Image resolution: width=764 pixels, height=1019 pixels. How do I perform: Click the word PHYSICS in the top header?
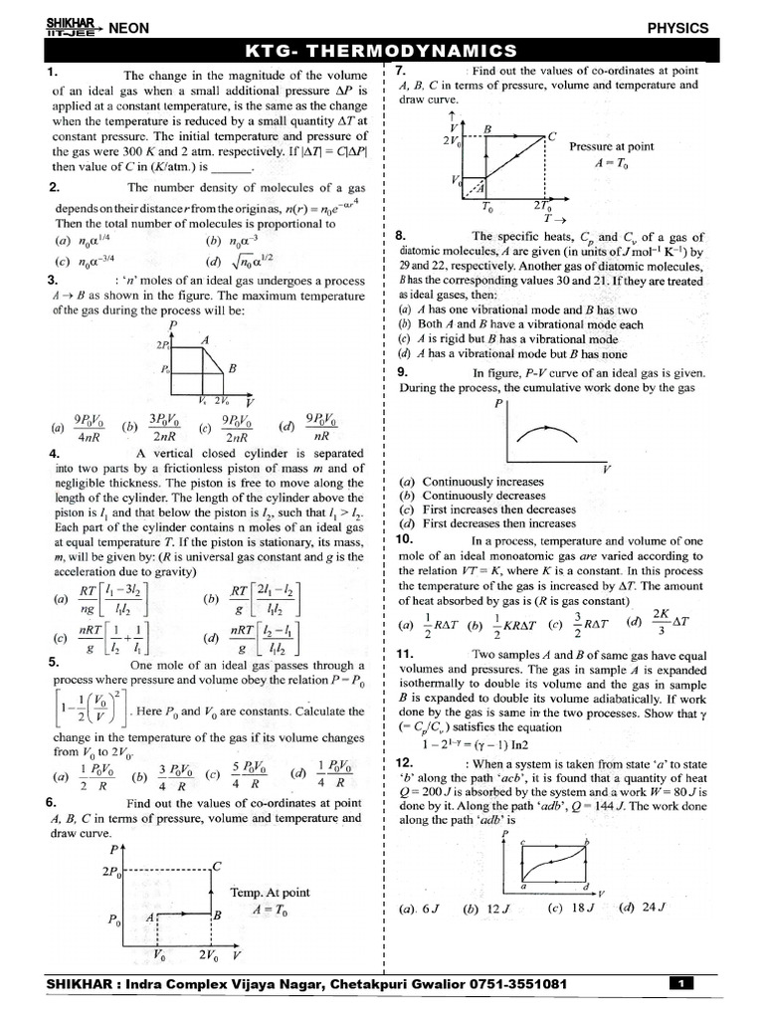[677, 28]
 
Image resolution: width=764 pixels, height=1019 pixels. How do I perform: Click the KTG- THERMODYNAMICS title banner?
[381, 51]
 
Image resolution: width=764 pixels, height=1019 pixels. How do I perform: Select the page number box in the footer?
[681, 984]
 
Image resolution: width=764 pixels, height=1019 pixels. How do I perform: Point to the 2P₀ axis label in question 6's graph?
[113, 872]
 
